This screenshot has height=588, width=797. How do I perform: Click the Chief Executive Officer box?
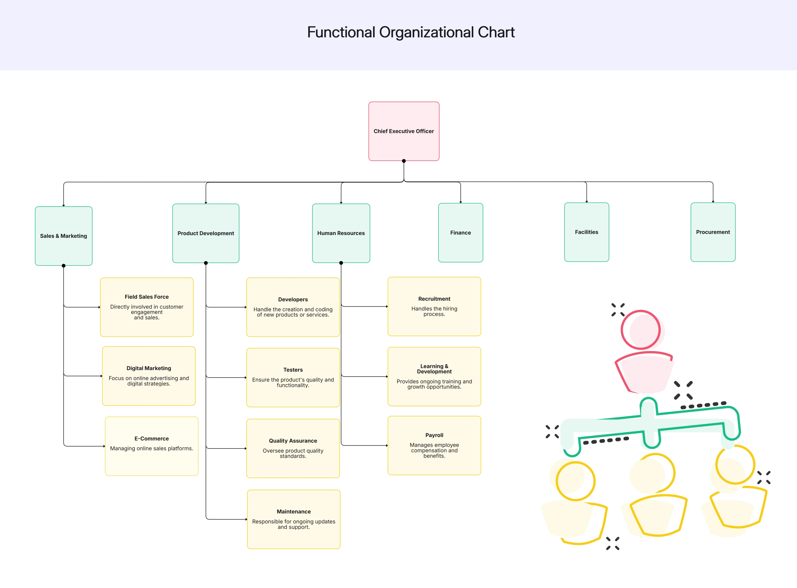coord(404,131)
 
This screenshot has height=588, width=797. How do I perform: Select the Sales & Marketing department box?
coord(63,236)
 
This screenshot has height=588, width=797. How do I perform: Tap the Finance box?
coord(460,233)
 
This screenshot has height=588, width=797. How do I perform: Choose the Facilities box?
coord(586,232)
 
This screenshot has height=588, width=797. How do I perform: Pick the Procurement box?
coord(713,232)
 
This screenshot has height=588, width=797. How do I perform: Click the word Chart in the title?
coord(496,32)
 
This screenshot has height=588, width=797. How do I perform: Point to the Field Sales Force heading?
coord(147,297)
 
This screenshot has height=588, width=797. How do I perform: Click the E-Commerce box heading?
coord(152,438)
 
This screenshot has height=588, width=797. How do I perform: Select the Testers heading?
coord(293,369)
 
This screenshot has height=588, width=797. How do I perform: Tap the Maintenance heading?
coord(293,511)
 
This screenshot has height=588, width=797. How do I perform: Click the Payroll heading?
coord(434,435)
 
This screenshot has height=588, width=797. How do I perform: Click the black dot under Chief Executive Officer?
coord(404,161)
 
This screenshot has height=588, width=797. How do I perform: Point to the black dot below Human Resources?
coord(341,263)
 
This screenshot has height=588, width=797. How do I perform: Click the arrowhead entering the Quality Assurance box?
coord(246,448)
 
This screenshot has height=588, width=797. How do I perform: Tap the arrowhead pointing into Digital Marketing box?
coord(101,375)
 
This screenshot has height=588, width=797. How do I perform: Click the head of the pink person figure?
coord(641,330)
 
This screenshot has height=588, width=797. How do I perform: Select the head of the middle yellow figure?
coord(655,473)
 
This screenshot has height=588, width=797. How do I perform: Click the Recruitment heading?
coord(434,299)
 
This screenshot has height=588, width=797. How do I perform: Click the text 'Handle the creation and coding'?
coord(293,309)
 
